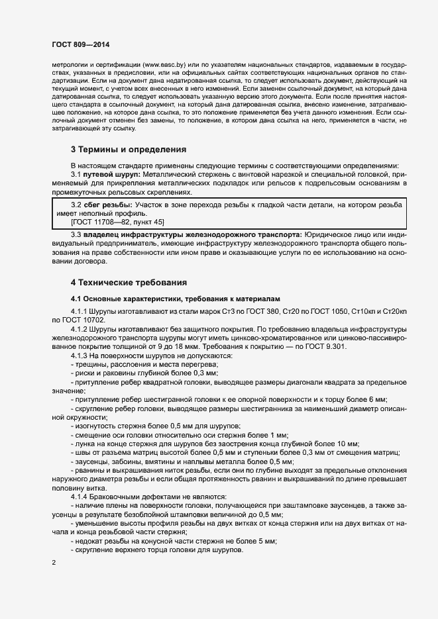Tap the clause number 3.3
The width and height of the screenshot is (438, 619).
(x=76, y=235)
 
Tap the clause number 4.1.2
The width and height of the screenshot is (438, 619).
(x=78, y=328)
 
